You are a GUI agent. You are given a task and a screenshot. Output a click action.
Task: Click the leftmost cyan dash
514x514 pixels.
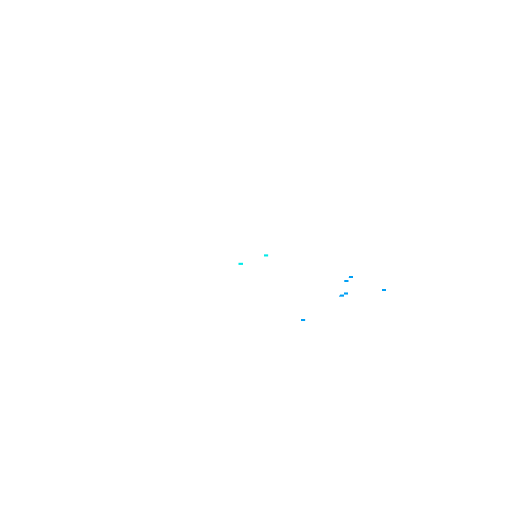241,264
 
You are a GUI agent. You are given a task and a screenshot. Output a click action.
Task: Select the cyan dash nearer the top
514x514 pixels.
266,255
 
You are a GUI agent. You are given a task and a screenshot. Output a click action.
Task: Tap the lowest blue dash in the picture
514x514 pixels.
303,320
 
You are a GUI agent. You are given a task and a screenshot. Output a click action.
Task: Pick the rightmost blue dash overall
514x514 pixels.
384,290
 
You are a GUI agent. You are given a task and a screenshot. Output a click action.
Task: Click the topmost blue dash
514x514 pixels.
351,277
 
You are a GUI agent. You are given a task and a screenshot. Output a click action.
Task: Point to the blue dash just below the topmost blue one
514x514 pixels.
346,281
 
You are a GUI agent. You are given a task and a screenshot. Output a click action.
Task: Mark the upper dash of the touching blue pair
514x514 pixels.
346,293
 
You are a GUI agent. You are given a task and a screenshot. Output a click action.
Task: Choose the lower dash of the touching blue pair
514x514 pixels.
341,296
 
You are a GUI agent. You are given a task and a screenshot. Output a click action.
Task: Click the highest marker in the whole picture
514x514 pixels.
266,255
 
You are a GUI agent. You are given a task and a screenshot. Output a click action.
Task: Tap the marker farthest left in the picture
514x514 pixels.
241,264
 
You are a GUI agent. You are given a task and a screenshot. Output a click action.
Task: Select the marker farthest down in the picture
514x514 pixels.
303,320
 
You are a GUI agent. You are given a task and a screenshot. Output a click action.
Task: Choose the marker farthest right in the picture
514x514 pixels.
384,290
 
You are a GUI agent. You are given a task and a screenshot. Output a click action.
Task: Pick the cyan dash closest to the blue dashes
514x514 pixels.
266,255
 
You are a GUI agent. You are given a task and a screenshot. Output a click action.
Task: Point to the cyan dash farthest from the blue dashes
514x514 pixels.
241,264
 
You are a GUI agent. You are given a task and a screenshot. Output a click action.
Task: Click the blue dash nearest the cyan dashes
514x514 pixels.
303,320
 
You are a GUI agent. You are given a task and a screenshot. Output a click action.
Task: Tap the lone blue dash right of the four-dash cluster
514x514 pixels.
384,290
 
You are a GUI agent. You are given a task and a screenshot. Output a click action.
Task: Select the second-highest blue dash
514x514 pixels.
346,281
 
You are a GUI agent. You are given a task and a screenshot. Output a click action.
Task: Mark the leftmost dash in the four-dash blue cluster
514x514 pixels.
341,296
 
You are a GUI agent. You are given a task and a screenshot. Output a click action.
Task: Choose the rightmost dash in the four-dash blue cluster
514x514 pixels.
351,277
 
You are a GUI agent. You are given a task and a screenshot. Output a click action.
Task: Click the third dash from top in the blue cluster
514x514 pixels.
346,293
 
